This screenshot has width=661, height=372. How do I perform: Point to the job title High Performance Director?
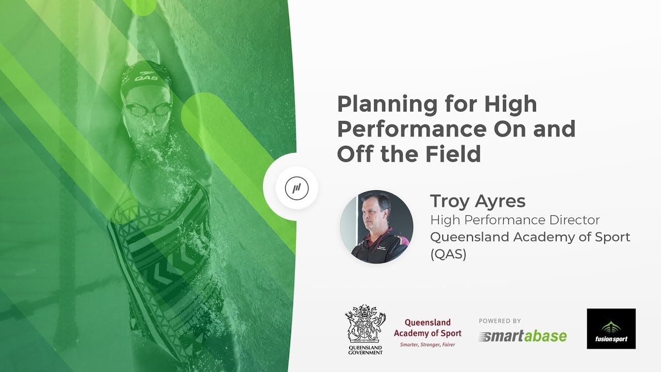515,220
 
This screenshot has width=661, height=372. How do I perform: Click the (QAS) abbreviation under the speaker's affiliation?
448,255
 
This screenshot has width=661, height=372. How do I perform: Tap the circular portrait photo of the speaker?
376,227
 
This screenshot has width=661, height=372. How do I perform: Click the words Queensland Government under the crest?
365,350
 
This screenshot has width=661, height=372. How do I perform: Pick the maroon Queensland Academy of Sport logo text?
428,328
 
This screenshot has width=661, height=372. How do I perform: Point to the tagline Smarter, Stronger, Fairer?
428,345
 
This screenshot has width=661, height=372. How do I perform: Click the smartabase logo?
522,337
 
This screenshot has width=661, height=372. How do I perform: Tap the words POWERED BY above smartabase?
500,321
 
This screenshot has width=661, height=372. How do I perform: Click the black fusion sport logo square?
611,329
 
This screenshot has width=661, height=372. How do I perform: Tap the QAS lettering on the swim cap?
146,78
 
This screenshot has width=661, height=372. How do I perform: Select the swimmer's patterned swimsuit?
160,258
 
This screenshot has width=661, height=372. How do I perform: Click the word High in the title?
511,105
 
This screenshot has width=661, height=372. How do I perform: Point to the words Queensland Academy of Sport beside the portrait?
530,237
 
